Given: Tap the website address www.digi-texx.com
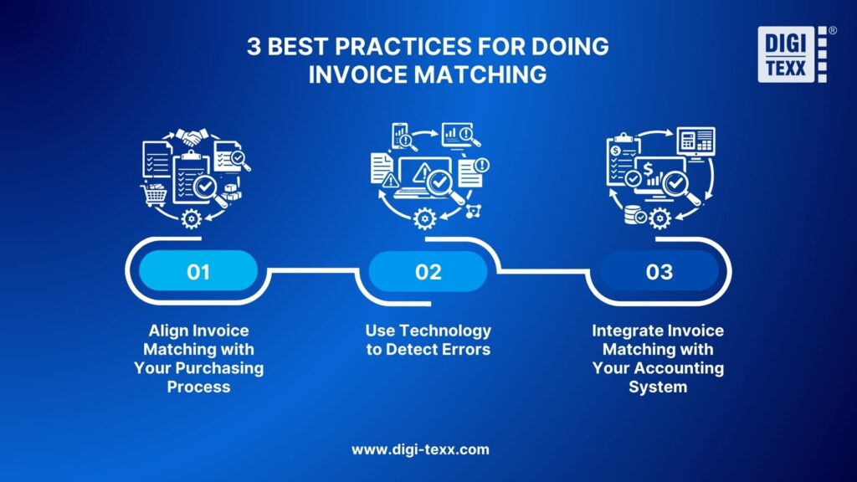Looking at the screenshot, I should (x=420, y=449).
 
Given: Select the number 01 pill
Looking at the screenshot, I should (x=198, y=272).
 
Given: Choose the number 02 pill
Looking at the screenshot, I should (x=428, y=272).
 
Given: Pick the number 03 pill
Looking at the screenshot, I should (x=659, y=272).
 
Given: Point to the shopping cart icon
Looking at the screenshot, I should (x=155, y=195).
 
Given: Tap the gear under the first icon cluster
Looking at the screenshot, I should (x=192, y=219).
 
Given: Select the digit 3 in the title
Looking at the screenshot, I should (x=253, y=47).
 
